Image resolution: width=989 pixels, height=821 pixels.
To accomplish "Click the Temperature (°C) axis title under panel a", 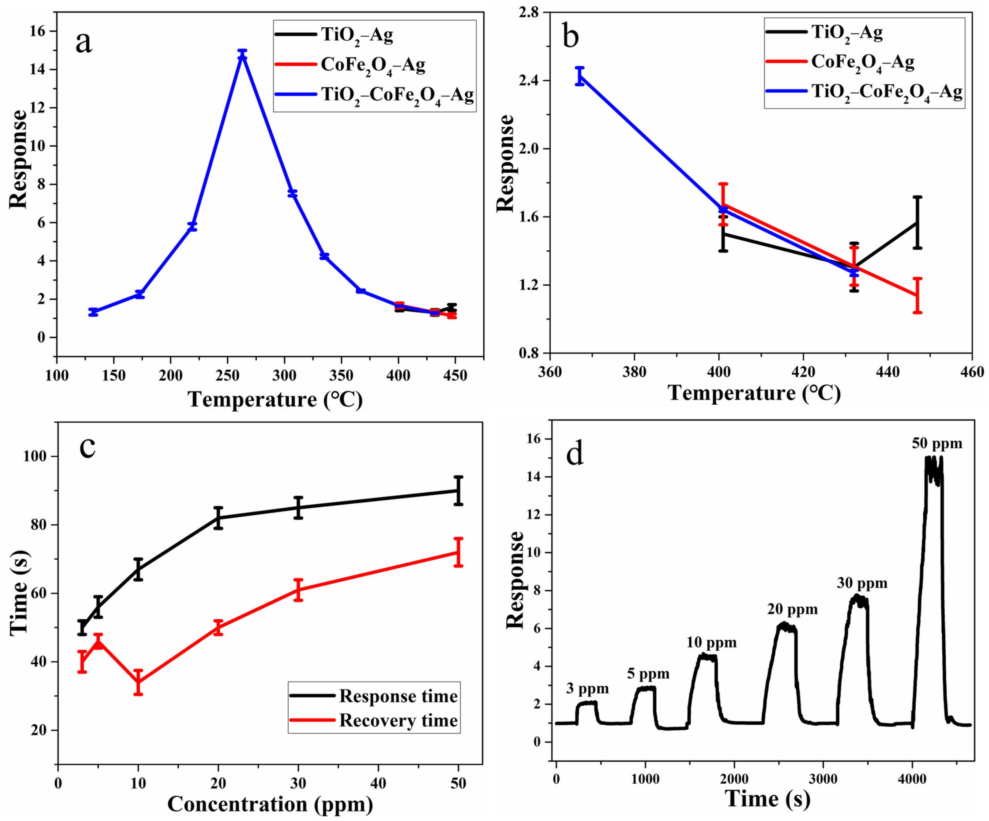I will pos(276,400).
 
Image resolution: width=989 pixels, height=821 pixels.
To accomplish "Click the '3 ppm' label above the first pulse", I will pos(587,689).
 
